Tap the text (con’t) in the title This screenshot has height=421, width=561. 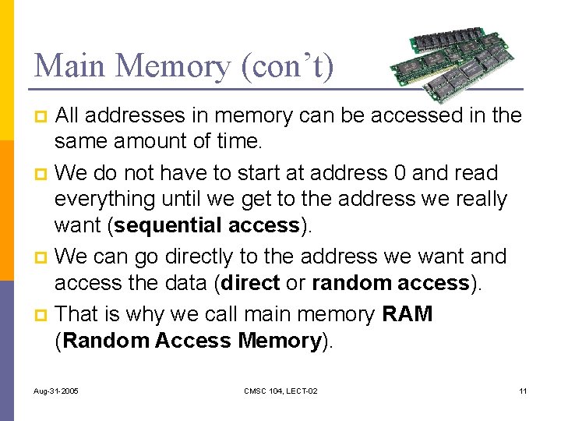coord(288,65)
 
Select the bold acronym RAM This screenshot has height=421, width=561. coord(408,314)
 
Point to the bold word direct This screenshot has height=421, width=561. coord(250,283)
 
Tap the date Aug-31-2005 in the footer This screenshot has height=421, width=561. coord(56,390)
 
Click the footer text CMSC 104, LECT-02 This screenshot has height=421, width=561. coord(280,390)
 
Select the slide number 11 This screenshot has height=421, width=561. coord(523,390)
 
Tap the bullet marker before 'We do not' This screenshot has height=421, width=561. coord(44,173)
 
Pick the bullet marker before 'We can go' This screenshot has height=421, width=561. coord(44,257)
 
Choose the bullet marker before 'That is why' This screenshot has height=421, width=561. coord(44,315)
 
